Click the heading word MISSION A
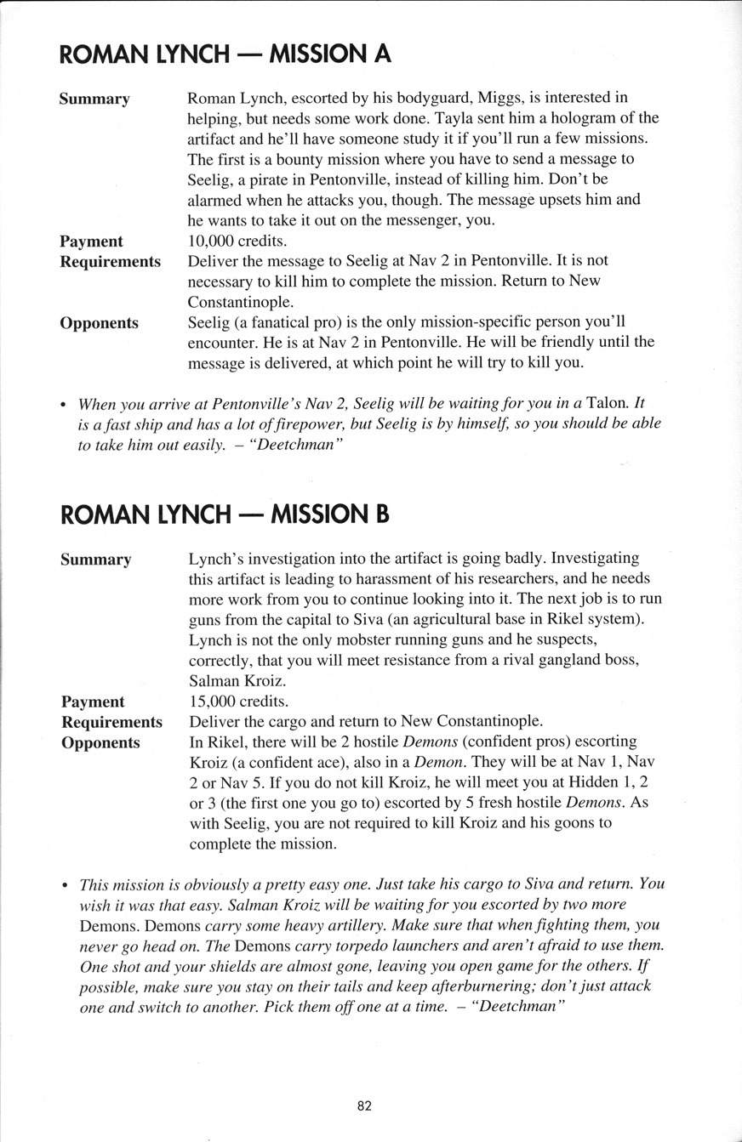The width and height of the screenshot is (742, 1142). click(x=329, y=54)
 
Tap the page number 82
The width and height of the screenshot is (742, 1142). click(x=364, y=1105)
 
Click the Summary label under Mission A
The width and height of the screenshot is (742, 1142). click(x=94, y=99)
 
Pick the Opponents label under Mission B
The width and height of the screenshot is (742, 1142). click(x=100, y=742)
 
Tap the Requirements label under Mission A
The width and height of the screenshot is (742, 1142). click(x=110, y=261)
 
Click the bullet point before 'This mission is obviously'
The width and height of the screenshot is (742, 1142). click(x=66, y=884)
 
